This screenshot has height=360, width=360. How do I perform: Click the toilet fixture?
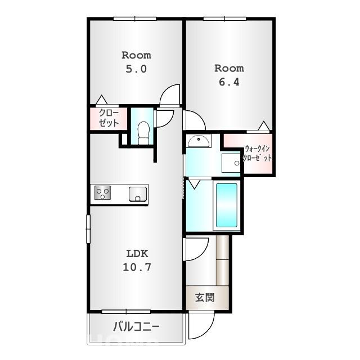(143, 133)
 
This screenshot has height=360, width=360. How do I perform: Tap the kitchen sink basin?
(138, 194)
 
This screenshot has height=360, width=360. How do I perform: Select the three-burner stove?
(102, 192)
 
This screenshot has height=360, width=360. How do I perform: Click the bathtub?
(227, 205)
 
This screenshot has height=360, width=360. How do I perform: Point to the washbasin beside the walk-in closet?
(199, 141)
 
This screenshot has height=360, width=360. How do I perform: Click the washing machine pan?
(231, 163)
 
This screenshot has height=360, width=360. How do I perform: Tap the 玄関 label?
(205, 298)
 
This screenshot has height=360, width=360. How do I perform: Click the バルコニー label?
(136, 326)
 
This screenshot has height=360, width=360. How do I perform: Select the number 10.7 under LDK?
(137, 267)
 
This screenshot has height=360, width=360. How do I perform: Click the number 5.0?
(136, 69)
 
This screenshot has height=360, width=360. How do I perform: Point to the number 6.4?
(229, 82)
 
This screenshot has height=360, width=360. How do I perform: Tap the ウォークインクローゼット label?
(257, 153)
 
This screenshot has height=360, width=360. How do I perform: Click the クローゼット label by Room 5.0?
(109, 118)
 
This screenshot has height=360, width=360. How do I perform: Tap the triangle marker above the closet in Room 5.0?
(101, 100)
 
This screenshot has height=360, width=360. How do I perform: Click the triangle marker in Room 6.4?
(264, 125)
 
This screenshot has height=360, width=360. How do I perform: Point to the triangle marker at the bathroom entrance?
(194, 184)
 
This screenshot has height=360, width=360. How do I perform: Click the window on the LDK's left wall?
(88, 229)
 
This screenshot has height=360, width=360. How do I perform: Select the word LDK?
(137, 254)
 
